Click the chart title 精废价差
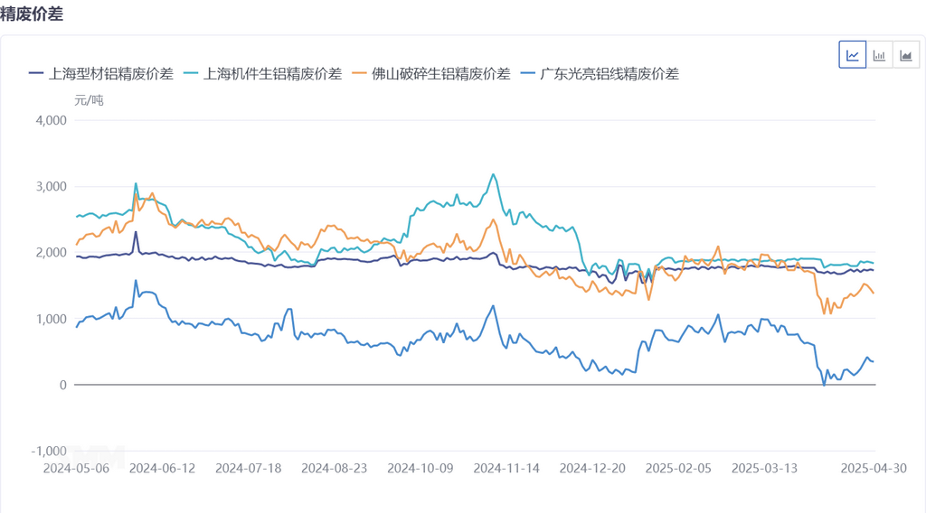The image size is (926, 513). point(32,14)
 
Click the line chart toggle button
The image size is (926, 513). point(853,55)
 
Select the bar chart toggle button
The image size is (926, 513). point(879,55)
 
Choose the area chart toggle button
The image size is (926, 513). point(905,55)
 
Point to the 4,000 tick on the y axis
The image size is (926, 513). point(52,120)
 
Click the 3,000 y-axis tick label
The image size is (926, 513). point(52,186)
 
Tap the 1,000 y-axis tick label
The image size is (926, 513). point(52,319)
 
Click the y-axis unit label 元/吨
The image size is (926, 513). point(89,99)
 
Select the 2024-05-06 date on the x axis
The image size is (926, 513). point(76,468)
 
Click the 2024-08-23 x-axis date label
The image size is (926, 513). point(334,468)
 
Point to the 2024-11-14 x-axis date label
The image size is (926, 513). point(506,468)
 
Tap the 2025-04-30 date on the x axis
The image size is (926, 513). point(873,468)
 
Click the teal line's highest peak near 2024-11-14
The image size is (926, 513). point(493,174)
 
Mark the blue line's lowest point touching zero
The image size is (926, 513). point(824,385)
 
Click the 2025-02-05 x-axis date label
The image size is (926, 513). point(678,468)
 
